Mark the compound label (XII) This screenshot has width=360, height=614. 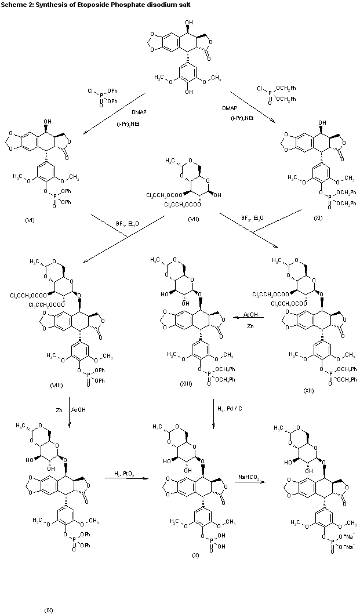[308, 391]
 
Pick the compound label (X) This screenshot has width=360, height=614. [195, 555]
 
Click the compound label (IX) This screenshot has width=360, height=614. [49, 609]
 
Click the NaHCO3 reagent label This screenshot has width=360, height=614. [249, 477]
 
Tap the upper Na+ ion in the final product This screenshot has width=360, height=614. [339, 534]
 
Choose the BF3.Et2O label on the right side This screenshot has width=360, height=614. [252, 218]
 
